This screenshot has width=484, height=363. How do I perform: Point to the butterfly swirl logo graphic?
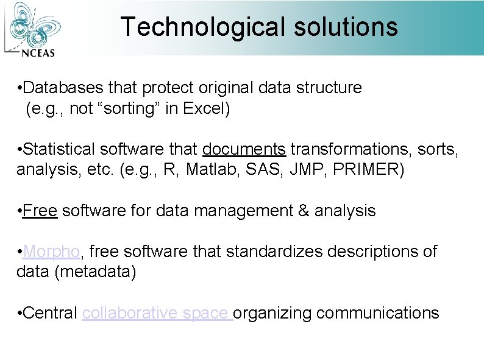(x=35, y=24)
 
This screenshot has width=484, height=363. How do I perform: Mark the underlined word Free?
(x=40, y=211)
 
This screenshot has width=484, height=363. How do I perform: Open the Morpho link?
(x=51, y=252)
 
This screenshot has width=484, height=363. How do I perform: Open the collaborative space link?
(x=157, y=313)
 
